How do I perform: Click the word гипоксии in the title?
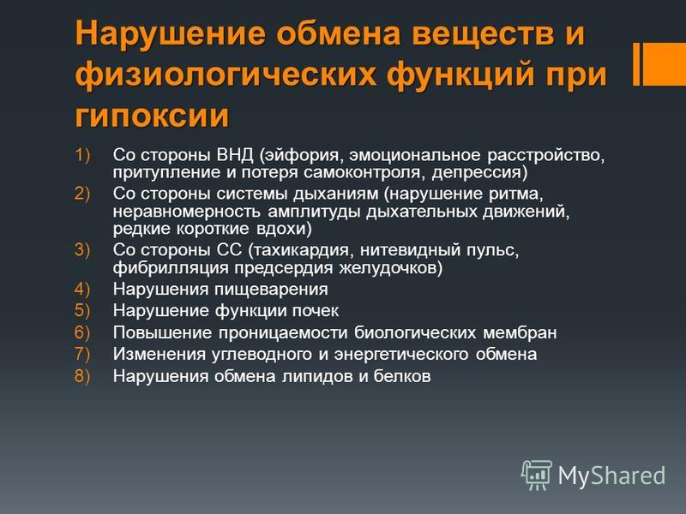click(152, 117)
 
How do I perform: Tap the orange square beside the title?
click(664, 63)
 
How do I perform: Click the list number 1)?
click(82, 155)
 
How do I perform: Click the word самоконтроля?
click(362, 173)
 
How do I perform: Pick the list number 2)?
click(82, 194)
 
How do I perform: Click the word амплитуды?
click(314, 212)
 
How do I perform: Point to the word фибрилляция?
click(171, 268)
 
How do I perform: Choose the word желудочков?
click(388, 268)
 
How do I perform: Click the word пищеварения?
click(271, 290)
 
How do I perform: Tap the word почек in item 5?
click(315, 311)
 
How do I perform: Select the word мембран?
click(521, 332)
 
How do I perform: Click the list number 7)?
click(82, 354)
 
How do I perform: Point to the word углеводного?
click(262, 355)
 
